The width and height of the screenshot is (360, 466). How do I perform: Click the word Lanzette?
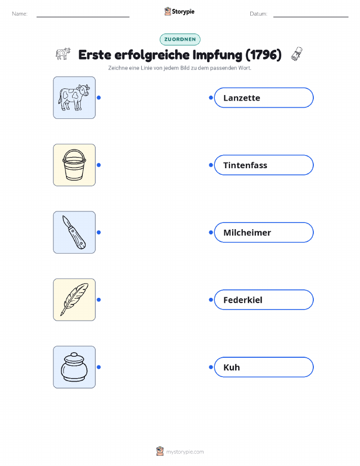(242, 98)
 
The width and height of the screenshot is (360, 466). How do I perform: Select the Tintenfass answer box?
(264, 165)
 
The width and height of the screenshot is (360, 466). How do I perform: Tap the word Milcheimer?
(247, 232)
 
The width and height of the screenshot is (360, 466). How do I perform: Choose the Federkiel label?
(243, 300)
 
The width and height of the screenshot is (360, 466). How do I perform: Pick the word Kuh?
(232, 367)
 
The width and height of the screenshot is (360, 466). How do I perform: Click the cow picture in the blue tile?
(74, 98)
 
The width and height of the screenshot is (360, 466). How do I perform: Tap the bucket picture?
(74, 165)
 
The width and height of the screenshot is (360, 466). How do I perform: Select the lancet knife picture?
(74, 232)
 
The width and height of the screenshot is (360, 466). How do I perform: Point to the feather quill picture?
(74, 300)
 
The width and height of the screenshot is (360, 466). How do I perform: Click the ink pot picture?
(74, 367)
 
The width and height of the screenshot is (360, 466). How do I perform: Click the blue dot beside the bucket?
(99, 165)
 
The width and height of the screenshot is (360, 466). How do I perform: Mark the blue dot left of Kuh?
(211, 367)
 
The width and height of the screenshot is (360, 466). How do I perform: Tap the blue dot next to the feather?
(99, 300)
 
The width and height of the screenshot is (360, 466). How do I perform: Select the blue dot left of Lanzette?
(211, 98)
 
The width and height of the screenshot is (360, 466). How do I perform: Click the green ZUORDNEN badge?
(180, 39)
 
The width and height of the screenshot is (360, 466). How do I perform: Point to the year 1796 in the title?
(264, 55)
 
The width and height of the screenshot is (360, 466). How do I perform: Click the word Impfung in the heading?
(217, 55)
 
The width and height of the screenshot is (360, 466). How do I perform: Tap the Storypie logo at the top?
(179, 12)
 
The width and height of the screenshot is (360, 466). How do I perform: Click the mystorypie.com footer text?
(185, 452)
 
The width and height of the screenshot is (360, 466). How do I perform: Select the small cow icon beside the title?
(63, 54)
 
